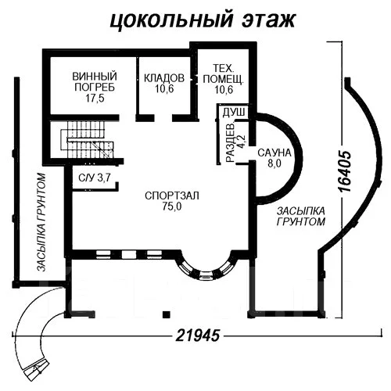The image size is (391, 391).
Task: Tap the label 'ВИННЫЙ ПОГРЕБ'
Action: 95,82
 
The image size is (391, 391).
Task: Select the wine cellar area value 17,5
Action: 95,99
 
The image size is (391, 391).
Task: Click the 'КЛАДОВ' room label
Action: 164,79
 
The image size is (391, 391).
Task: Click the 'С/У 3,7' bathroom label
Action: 95,178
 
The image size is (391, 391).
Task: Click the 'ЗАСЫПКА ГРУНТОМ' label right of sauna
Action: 300,217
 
